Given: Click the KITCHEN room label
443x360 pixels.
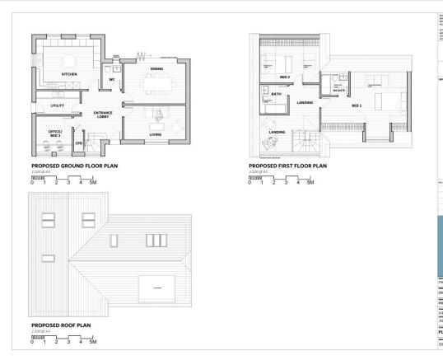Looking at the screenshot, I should coord(69,74).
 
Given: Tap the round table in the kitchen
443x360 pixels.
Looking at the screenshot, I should coord(68,59).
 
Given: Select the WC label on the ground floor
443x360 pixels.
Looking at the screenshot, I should coord(112,80).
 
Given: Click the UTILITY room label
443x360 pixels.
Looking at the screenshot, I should coord(58,105).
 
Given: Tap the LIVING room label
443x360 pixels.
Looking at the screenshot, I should coord(155,133).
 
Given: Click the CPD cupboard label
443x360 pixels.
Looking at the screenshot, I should coord(79,142).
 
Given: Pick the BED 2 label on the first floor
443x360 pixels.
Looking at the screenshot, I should coord(273,76).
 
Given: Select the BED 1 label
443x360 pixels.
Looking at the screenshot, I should coord(357,105).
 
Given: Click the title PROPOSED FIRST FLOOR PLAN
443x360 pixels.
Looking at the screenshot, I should coord(287,166).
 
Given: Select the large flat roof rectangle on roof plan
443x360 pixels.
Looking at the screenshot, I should coord(155,288).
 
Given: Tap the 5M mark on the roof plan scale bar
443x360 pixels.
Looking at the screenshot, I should coord(93,340).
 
